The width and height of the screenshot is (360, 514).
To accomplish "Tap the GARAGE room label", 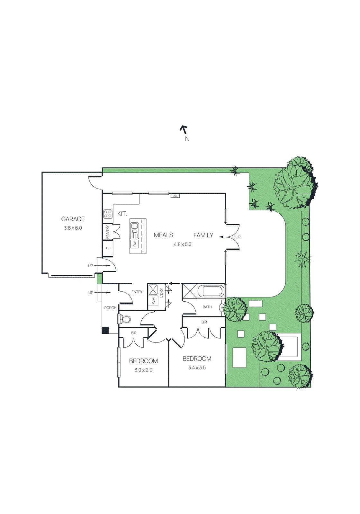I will (x=73, y=219).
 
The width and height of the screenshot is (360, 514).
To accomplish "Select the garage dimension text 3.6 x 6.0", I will (x=73, y=228).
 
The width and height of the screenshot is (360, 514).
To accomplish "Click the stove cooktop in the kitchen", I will (x=108, y=214).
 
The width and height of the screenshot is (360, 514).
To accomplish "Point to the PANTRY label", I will (x=108, y=232).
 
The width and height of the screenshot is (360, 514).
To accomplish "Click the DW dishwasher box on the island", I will (x=135, y=244).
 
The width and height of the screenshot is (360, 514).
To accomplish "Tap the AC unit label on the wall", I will (x=175, y=196).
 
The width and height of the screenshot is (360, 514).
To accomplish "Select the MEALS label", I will (x=163, y=235).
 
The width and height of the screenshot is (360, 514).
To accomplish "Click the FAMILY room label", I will (x=203, y=235).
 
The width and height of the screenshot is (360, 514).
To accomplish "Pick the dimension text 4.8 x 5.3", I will (x=183, y=244).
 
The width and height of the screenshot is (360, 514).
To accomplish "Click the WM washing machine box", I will (x=153, y=301).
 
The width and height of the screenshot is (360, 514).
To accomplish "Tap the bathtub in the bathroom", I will (x=211, y=291).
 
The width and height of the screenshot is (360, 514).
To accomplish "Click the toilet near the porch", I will (x=125, y=319).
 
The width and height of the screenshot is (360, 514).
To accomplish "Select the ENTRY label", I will (x=137, y=292).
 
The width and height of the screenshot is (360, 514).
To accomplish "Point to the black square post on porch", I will (x=105, y=330).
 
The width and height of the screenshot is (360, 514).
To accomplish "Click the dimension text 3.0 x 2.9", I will (x=143, y=370).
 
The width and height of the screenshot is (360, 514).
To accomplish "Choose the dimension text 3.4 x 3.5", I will (x=197, y=368).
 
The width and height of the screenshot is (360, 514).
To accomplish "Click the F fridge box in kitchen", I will (x=108, y=248).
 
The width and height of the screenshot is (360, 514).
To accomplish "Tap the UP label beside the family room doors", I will (x=238, y=237).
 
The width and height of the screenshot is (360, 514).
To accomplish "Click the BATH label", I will (x=207, y=307).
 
